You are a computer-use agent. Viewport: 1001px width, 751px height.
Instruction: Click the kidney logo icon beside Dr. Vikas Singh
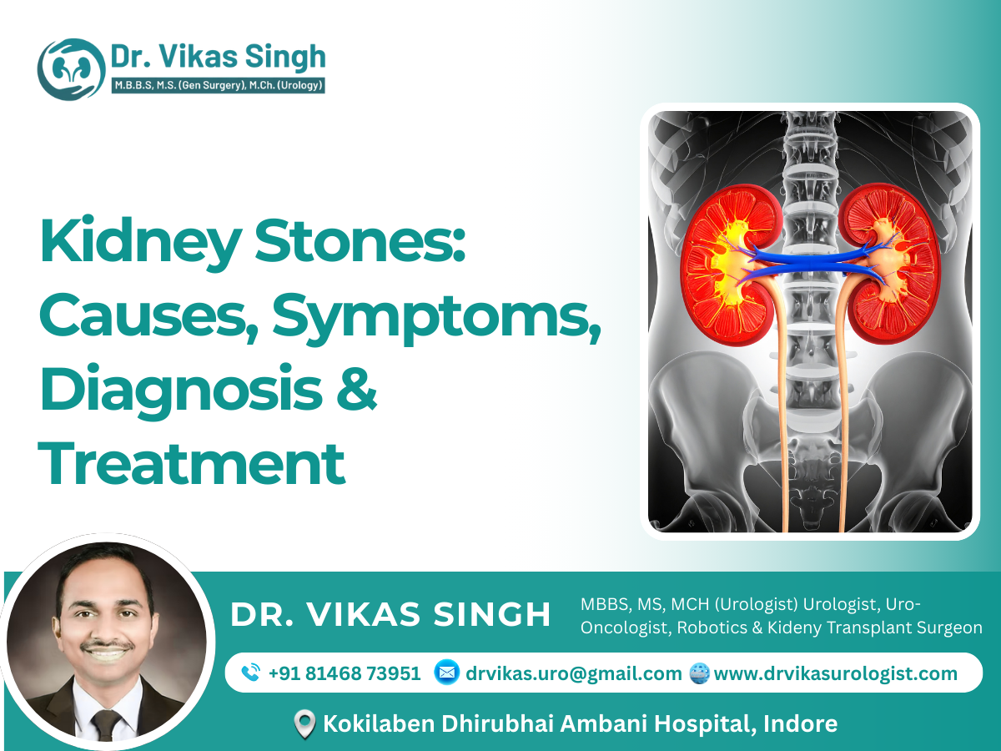[x=70, y=69]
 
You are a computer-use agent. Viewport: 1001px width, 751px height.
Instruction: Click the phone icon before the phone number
[x=249, y=673]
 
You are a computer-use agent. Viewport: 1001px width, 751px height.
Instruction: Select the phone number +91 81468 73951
[x=345, y=673]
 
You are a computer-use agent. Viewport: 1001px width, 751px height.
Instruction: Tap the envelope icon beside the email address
[x=446, y=673]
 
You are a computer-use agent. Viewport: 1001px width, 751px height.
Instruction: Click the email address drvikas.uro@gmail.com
[x=574, y=673]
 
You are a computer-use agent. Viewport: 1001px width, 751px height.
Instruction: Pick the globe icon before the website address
[x=699, y=673]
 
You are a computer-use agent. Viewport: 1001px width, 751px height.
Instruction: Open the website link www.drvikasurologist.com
[x=836, y=673]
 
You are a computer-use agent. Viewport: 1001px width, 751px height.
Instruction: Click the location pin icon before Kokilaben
[x=306, y=724]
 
